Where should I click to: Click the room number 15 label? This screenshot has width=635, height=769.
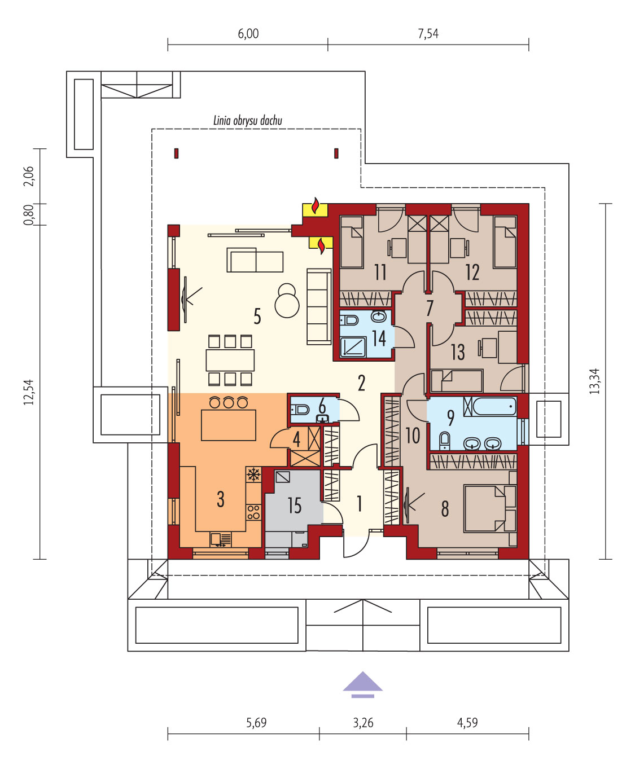click(x=295, y=506)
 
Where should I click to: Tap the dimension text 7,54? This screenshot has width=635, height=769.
click(x=428, y=34)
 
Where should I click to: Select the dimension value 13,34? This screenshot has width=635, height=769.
click(x=594, y=381)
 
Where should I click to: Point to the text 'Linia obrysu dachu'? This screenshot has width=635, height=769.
click(x=248, y=120)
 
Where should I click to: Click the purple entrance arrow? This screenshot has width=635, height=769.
click(x=362, y=685)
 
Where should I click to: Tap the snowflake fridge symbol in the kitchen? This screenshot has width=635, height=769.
click(x=253, y=474)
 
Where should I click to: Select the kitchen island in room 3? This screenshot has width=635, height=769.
click(x=229, y=425)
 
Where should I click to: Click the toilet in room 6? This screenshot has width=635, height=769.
click(x=300, y=410)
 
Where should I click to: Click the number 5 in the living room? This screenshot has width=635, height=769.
click(x=257, y=317)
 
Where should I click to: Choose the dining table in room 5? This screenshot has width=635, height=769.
click(x=230, y=360)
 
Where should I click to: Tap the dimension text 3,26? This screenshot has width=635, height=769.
click(x=363, y=723)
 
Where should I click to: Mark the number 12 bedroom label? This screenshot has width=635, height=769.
click(x=472, y=272)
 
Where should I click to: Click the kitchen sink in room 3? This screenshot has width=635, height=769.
click(x=220, y=539)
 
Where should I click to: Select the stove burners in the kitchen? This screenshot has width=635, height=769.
click(x=253, y=512)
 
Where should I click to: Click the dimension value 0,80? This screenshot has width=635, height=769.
click(x=29, y=215)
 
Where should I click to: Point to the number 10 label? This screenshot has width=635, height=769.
click(x=413, y=436)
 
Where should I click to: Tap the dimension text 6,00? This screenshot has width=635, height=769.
click(x=248, y=34)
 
